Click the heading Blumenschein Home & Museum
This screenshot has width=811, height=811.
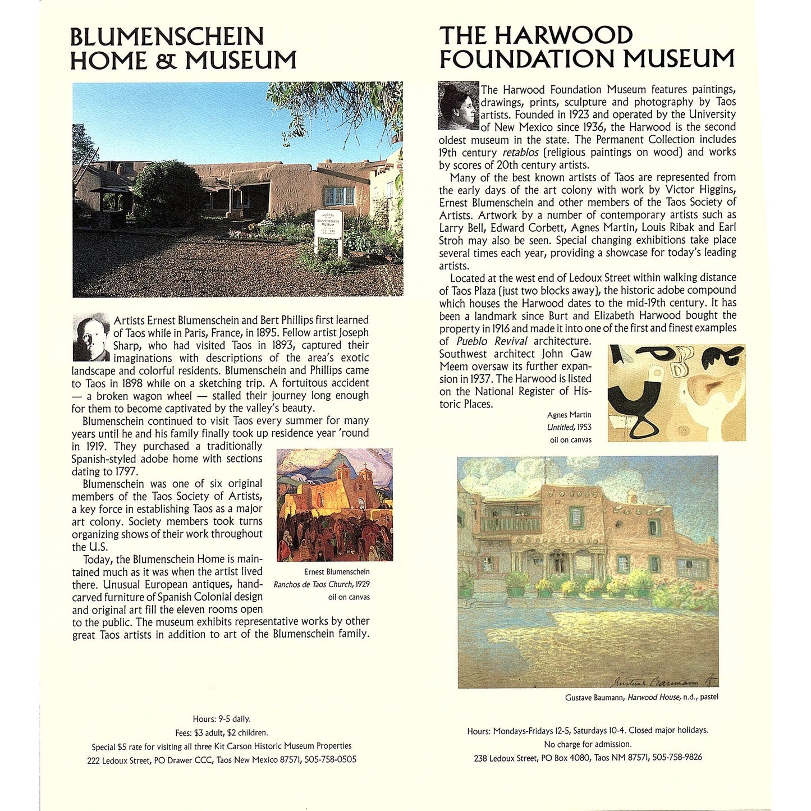pyautogui.click(x=183, y=49)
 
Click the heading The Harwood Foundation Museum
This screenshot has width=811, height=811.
pyautogui.click(x=587, y=47)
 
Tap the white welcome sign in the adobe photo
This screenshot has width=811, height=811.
pyautogui.click(x=329, y=230)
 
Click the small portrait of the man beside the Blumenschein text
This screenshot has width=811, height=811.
pyautogui.click(x=91, y=337)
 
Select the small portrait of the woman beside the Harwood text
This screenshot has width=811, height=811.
pyautogui.click(x=458, y=106)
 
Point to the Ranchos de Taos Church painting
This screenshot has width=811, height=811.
pyautogui.click(x=335, y=505)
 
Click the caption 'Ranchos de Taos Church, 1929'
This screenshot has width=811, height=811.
pyautogui.click(x=322, y=584)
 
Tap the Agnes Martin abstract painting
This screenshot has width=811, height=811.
pyautogui.click(x=676, y=392)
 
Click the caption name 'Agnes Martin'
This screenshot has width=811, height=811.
pyautogui.click(x=569, y=415)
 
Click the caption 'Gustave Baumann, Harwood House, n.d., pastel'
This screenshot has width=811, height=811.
pyautogui.click(x=642, y=697)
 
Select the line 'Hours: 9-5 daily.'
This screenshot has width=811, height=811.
pyautogui.click(x=222, y=719)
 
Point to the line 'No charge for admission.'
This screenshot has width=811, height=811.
pyautogui.click(x=588, y=744)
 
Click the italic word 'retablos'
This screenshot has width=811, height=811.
pyautogui.click(x=520, y=153)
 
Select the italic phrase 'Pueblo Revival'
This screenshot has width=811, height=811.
pyautogui.click(x=492, y=341)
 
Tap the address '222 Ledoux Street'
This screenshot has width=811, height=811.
pyautogui.click(x=118, y=760)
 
